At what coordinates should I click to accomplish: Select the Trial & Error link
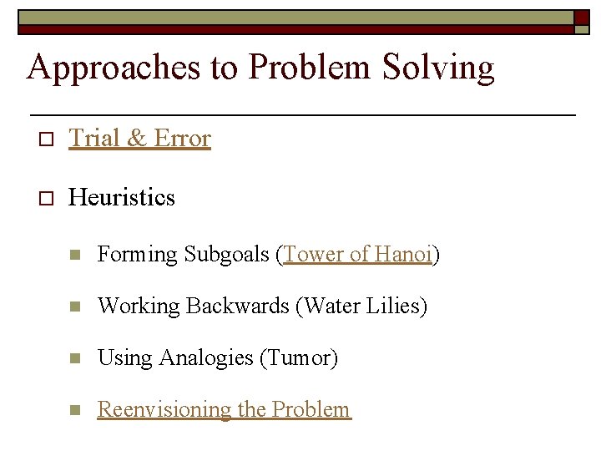[139, 138]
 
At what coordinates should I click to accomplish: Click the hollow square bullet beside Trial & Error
[47, 139]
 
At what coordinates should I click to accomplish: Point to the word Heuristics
[122, 197]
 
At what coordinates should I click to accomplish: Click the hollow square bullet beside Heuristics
[47, 198]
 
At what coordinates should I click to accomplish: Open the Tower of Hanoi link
[357, 254]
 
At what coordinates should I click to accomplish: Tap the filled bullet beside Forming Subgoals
[74, 255]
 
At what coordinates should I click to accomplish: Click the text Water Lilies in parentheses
[361, 306]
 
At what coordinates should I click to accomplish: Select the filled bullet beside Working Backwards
[74, 307]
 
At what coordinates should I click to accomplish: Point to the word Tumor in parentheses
[298, 357]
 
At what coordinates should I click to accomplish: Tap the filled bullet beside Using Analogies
[74, 358]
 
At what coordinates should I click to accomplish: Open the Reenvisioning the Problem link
[224, 409]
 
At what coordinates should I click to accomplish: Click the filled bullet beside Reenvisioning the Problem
[74, 410]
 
